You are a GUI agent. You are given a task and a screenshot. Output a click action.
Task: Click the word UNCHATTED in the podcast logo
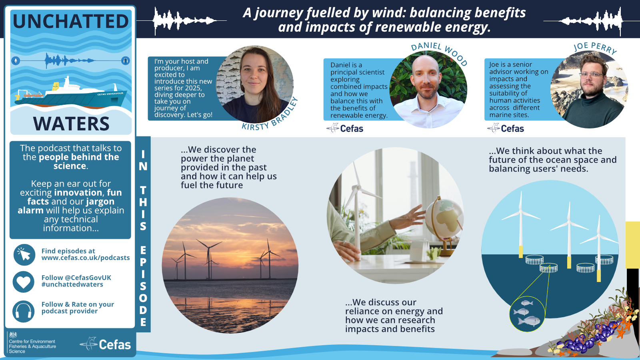[71, 22]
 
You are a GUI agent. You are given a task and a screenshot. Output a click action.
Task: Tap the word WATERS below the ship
[71, 124]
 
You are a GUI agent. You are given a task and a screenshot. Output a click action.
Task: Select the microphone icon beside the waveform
[16, 61]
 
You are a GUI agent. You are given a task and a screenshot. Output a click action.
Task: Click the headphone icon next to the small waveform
[125, 61]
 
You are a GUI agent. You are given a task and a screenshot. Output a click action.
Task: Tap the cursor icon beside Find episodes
[24, 255]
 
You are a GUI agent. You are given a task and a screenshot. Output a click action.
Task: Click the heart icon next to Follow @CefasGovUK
[24, 282]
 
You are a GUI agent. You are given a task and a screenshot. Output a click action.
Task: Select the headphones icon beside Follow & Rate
[24, 311]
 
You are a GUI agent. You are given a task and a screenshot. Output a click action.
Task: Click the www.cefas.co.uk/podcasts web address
[86, 258]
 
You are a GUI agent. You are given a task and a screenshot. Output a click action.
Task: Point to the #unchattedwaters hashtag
[72, 284]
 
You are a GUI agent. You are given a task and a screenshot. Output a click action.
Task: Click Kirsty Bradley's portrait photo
[255, 84]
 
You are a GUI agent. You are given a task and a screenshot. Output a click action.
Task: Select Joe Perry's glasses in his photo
[591, 75]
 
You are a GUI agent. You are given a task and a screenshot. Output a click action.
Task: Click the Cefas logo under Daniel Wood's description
[345, 128]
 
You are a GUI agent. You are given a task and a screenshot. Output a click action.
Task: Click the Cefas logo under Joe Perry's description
[506, 128]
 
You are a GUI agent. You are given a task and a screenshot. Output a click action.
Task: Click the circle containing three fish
[527, 314]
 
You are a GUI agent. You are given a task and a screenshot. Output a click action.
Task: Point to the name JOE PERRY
[595, 48]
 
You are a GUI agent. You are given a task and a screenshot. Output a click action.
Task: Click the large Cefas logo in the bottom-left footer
[106, 344]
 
